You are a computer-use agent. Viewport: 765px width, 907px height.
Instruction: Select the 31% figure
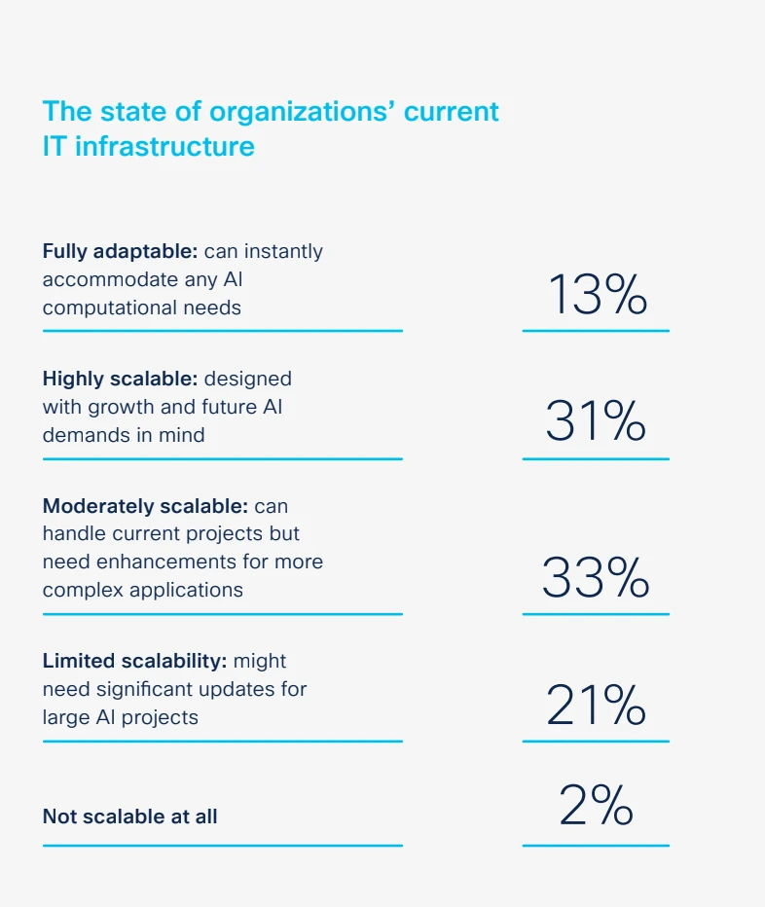[x=596, y=421]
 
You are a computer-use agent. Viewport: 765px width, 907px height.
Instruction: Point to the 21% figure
[x=596, y=706]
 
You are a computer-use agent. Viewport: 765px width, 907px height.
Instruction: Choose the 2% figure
[x=596, y=805]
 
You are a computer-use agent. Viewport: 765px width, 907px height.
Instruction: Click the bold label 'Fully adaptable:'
[x=120, y=251]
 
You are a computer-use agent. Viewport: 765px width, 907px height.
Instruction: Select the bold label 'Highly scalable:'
[x=120, y=379]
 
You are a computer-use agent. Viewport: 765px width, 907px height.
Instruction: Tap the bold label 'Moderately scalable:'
[x=145, y=506]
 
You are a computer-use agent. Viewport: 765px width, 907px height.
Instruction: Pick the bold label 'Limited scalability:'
[x=134, y=661]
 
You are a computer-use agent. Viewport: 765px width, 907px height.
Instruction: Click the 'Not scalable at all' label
[x=129, y=816]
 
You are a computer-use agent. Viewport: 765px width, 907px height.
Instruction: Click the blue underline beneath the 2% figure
[x=596, y=846]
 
